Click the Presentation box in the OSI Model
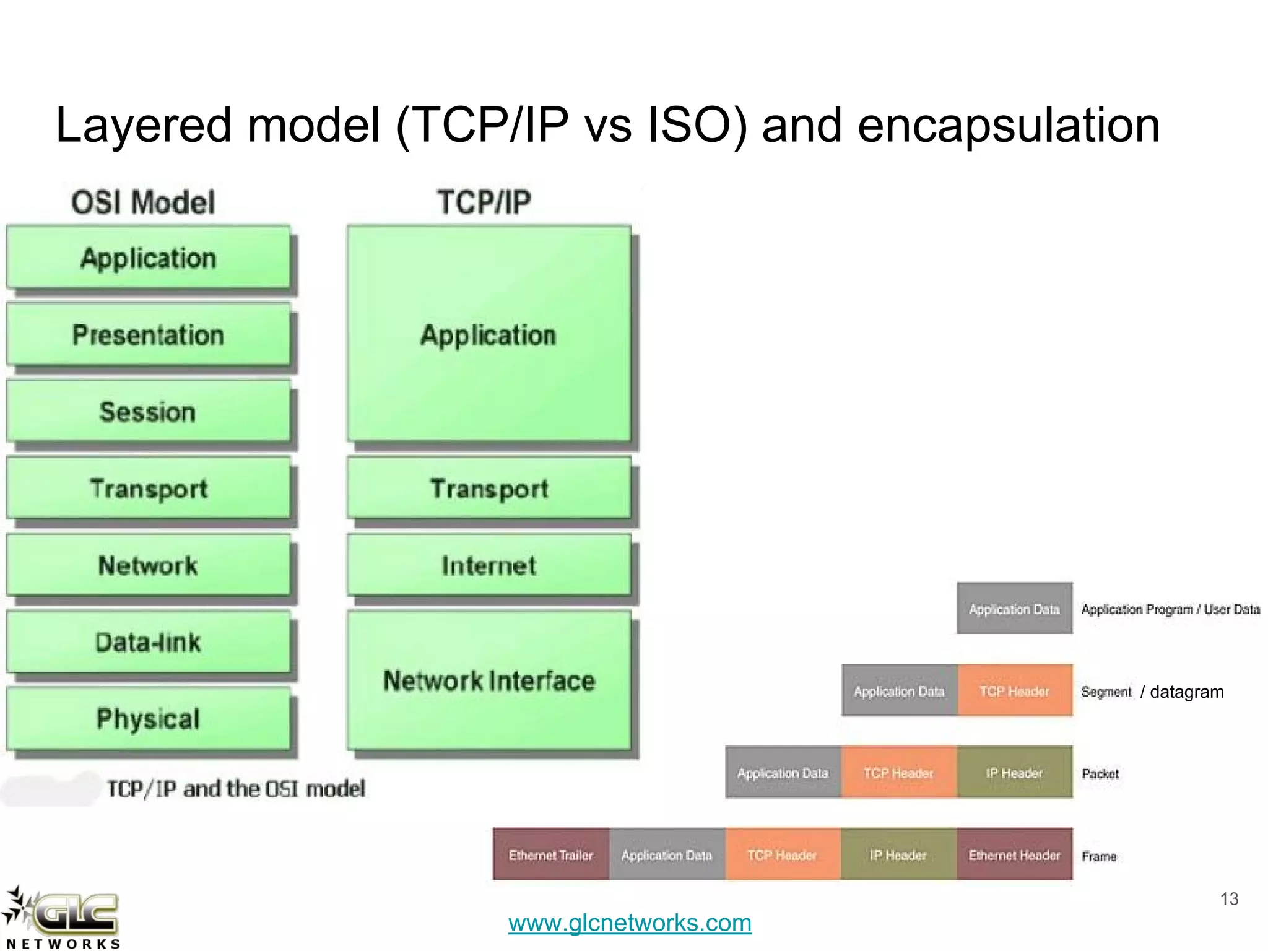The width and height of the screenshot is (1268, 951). (x=148, y=335)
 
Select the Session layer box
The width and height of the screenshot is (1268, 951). (x=148, y=412)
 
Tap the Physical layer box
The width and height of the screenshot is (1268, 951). (x=148, y=719)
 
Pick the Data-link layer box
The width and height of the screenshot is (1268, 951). (x=148, y=642)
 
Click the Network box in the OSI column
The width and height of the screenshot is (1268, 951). (x=148, y=565)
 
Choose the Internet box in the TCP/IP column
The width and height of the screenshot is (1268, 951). (x=489, y=565)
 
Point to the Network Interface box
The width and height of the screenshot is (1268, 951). (x=489, y=680)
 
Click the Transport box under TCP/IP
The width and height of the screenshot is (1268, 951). (x=489, y=489)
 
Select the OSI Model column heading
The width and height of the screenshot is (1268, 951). (x=143, y=202)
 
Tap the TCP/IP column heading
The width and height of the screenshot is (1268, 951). (x=484, y=202)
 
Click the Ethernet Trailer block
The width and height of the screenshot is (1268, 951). (x=551, y=854)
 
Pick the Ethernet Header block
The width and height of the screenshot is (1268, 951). (x=1014, y=854)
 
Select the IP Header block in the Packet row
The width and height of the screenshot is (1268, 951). (x=1014, y=773)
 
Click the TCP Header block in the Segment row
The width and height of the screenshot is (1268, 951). (x=1014, y=691)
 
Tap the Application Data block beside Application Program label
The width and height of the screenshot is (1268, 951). (x=1014, y=609)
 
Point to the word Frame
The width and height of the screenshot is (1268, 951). (x=1099, y=856)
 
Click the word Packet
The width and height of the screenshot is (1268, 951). (x=1100, y=774)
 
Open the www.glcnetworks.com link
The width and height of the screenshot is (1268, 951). (x=630, y=923)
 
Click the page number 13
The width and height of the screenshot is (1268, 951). (x=1229, y=899)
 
